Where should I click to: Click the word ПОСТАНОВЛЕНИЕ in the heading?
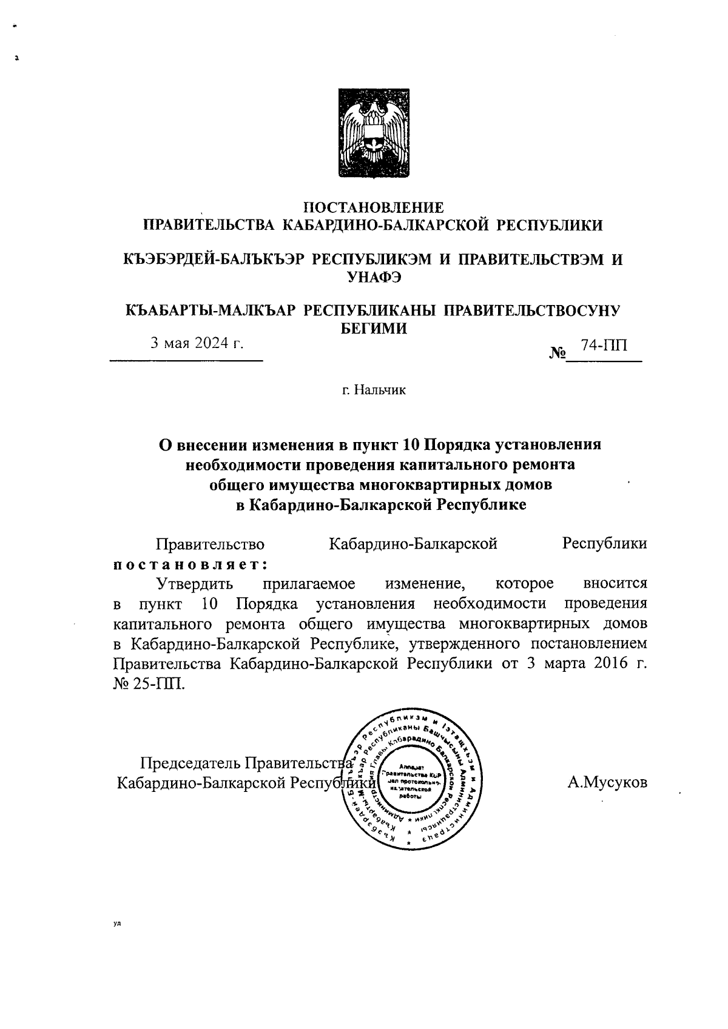pos(373,208)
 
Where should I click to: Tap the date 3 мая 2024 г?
pos(197,343)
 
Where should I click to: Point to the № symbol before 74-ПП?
pos(557,353)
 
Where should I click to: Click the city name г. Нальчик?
pos(373,389)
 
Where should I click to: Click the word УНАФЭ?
pos(373,277)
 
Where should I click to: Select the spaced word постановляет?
pos(191,564)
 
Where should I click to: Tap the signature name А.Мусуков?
pos(607,782)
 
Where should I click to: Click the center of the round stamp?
pos(410,777)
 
